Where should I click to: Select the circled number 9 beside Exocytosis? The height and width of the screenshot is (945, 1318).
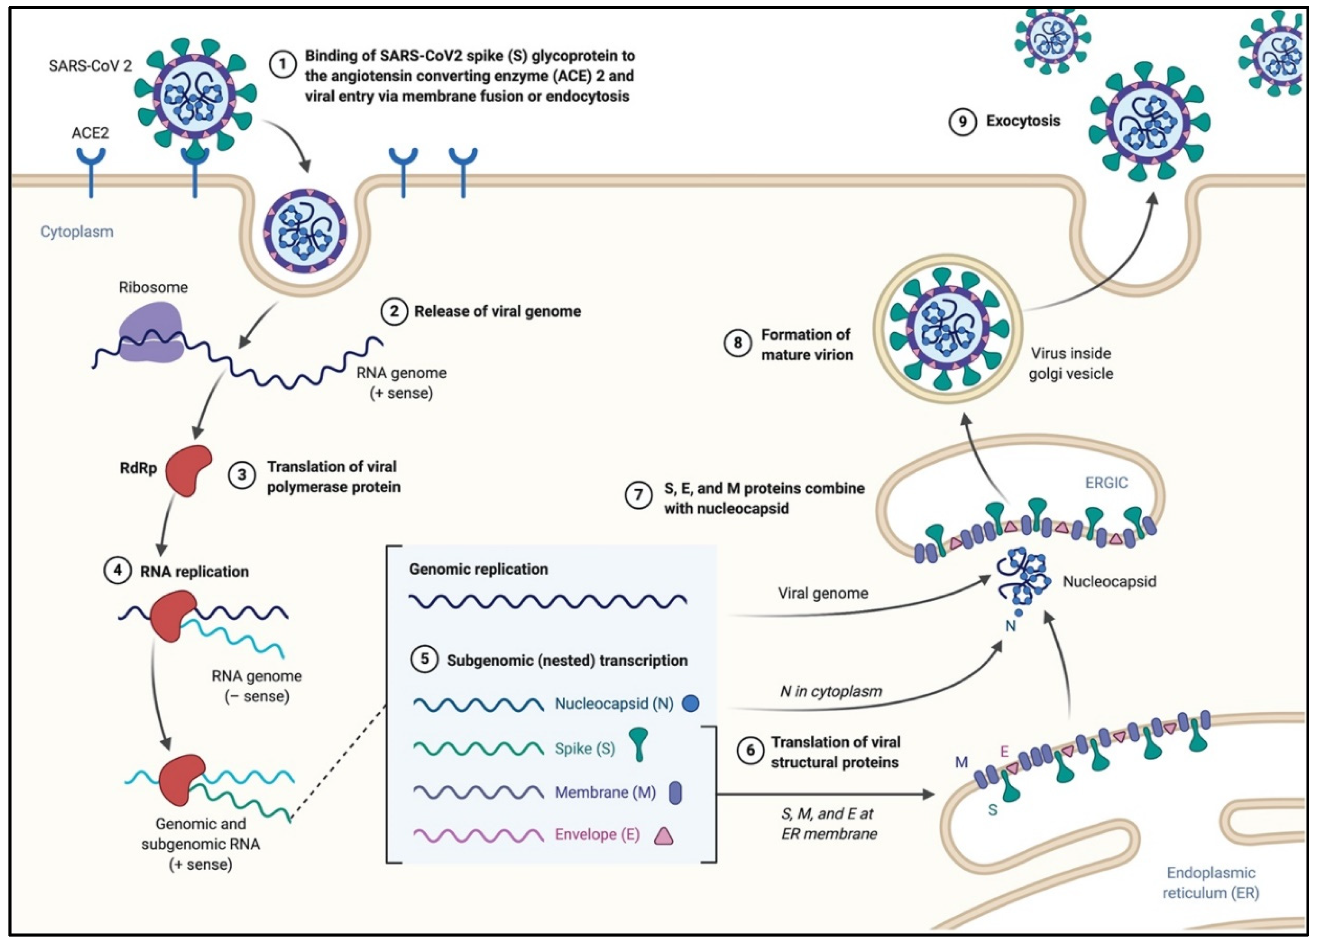pyautogui.click(x=962, y=121)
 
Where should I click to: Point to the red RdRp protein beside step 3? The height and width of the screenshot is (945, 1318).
pyautogui.click(x=188, y=470)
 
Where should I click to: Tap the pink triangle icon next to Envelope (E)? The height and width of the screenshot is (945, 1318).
pyautogui.click(x=664, y=836)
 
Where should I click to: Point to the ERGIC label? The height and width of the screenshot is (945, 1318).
pyautogui.click(x=1106, y=483)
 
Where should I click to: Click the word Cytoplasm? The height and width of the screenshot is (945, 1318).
pyautogui.click(x=77, y=232)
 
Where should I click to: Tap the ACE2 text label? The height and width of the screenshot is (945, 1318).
pyautogui.click(x=90, y=133)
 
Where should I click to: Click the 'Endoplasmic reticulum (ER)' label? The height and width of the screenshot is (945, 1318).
pyautogui.click(x=1211, y=882)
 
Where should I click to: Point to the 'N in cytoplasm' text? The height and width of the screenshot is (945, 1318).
pyautogui.click(x=830, y=691)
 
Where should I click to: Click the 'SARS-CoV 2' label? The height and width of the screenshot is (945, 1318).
pyautogui.click(x=90, y=66)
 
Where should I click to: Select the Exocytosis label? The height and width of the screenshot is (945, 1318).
pyautogui.click(x=1023, y=121)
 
